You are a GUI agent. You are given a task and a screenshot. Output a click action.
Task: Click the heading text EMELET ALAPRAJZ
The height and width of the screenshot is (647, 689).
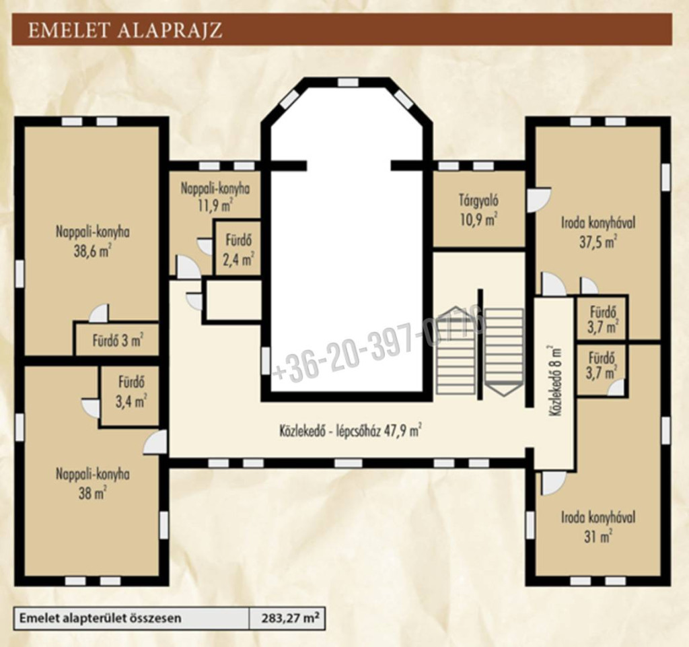pyautogui.click(x=124, y=30)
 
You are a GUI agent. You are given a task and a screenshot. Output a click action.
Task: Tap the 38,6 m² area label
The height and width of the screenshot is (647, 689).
pyautogui.click(x=92, y=252)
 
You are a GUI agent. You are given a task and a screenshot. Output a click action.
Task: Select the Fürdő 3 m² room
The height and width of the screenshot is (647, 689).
pyautogui.click(x=117, y=340)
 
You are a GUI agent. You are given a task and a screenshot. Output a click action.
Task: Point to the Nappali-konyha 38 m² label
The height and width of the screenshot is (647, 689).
pyautogui.click(x=92, y=483)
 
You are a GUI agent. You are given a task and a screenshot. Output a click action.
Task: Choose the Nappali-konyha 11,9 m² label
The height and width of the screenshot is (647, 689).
pyautogui.click(x=215, y=197)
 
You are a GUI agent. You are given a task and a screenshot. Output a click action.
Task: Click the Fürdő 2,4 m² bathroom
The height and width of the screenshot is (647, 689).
pyautogui.click(x=238, y=249)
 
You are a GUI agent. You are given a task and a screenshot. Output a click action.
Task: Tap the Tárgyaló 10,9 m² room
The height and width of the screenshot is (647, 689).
pyautogui.click(x=479, y=209)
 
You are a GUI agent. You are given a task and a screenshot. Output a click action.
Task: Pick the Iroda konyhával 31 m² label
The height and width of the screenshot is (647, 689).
pyautogui.click(x=598, y=526)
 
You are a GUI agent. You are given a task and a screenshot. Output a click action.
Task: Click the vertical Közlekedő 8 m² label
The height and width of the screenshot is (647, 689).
pyautogui.click(x=555, y=380)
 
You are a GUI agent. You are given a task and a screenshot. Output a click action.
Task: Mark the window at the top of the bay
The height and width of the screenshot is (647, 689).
pyautogui.click(x=348, y=82)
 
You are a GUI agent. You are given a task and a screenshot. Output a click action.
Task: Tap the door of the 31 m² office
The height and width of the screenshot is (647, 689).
pyautogui.click(x=554, y=483)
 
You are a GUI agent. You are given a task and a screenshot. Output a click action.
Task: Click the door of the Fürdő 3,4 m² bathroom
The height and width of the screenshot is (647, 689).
pyautogui.click(x=91, y=408)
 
